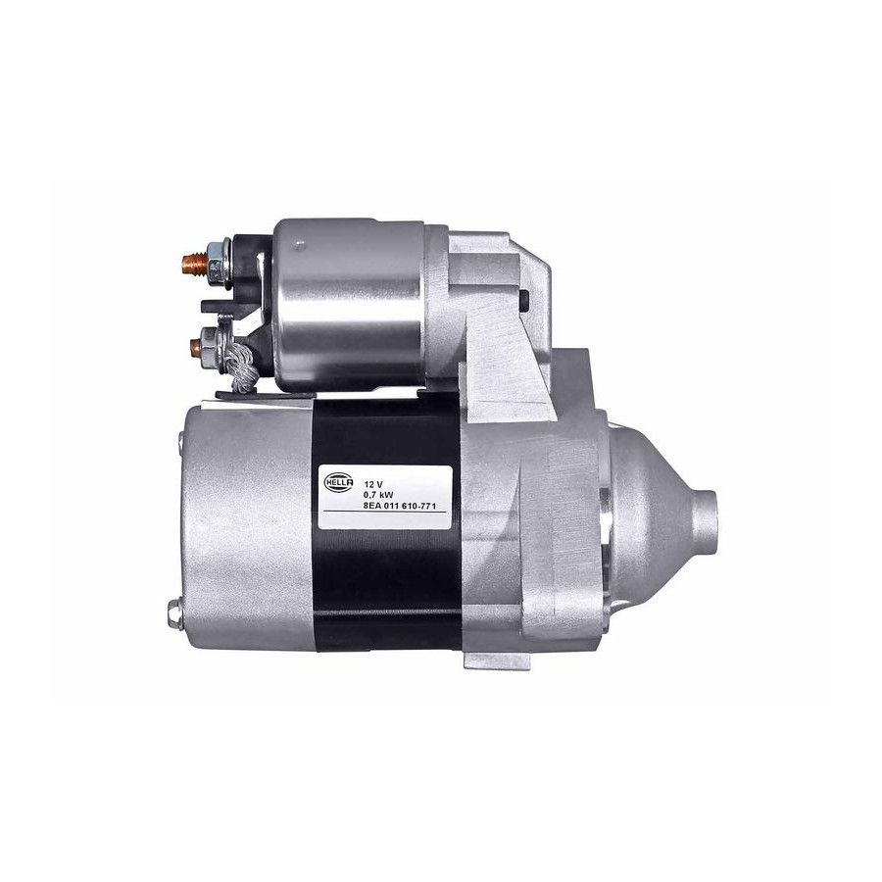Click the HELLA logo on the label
click(339, 482)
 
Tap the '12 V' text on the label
click(373, 484)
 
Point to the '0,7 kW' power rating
click(378, 495)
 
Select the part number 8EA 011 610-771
click(400, 507)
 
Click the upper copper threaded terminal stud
click(194, 262)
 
